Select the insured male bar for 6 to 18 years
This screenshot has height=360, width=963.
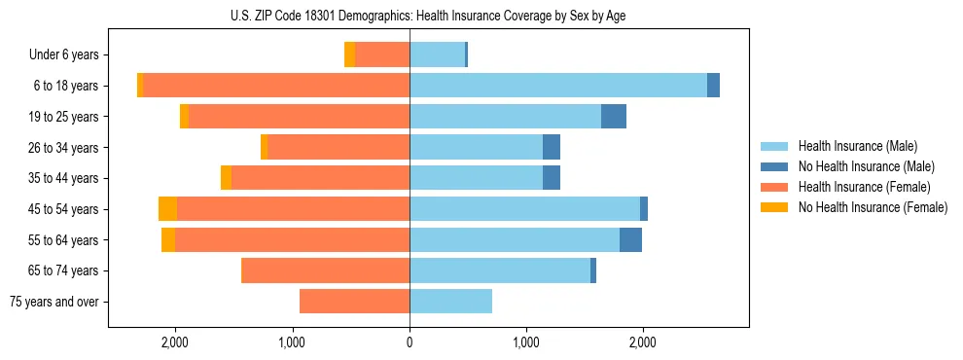pos(558,86)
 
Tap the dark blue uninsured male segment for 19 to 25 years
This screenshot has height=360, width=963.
pos(614,117)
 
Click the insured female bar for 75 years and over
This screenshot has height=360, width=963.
pos(354,302)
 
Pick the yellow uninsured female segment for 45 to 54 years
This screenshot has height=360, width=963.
pos(167,209)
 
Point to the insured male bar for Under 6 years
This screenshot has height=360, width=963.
pos(437,54)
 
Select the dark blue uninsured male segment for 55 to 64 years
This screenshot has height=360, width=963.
pos(630,240)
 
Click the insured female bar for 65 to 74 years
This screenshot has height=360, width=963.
pos(325,270)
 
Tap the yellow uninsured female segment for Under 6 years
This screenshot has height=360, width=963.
pos(350,54)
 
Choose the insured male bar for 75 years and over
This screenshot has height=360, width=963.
pos(450,302)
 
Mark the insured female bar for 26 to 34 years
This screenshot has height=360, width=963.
pos(339,147)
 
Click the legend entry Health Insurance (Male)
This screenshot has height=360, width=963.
pos(857,146)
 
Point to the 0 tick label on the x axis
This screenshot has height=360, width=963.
pos(410,342)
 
